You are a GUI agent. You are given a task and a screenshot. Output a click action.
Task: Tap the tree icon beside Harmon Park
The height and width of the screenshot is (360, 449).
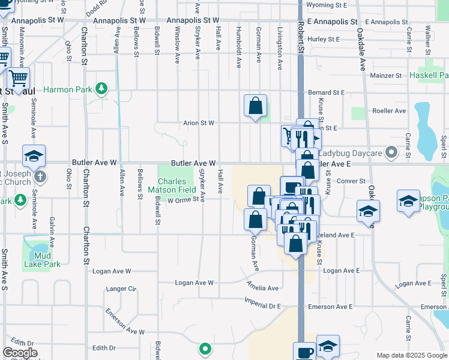101,89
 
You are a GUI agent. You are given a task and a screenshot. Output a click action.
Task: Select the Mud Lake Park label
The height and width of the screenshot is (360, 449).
43,260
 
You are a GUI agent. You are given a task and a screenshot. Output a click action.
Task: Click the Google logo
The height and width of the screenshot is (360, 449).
20,353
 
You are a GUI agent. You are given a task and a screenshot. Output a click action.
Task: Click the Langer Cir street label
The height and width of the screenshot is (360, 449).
121,289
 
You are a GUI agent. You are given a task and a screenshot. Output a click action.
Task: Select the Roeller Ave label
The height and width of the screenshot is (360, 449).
389,110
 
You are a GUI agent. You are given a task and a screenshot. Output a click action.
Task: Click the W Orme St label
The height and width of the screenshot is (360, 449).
183,201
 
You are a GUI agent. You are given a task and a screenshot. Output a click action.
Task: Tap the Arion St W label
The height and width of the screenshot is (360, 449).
199,123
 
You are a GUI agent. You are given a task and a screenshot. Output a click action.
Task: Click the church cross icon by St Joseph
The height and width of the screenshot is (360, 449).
40,177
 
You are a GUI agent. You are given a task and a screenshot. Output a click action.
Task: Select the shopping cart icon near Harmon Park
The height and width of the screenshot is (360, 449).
18,77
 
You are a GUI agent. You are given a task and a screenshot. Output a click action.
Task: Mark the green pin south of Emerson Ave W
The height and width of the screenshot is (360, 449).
205,348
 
